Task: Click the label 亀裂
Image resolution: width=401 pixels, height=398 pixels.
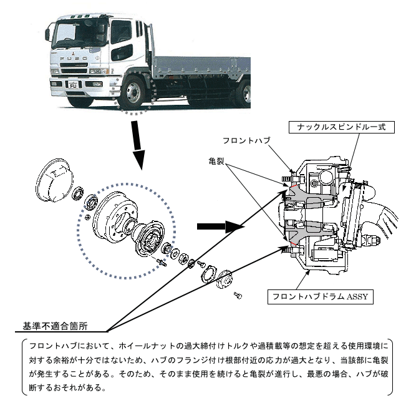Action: pos(216,161)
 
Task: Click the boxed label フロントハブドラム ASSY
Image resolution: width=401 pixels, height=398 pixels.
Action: pos(319,296)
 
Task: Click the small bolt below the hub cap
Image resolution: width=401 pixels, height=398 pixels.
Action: pos(238,293)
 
